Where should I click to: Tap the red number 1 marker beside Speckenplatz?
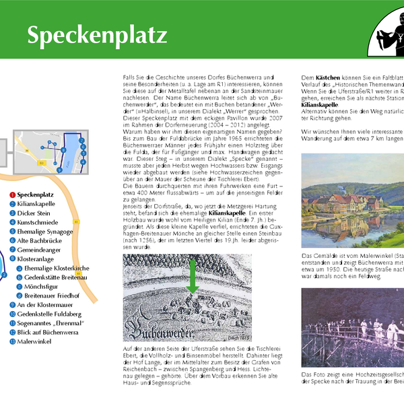[x=11, y=195]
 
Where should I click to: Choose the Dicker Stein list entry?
[x=34, y=213]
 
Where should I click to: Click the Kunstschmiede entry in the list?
[x=38, y=222]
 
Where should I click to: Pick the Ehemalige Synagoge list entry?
[x=44, y=231]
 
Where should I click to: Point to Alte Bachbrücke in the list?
[x=40, y=240]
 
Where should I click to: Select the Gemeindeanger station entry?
[x=40, y=249]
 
